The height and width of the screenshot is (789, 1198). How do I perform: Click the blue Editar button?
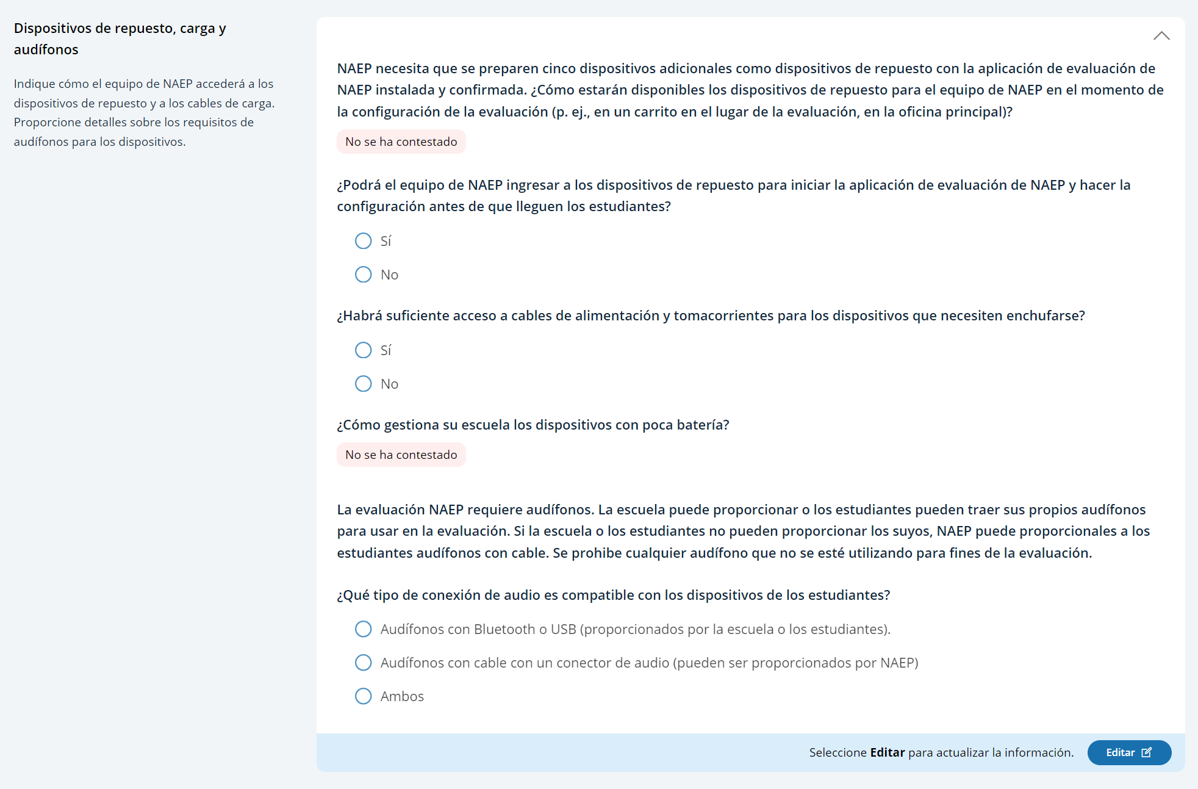click(1128, 752)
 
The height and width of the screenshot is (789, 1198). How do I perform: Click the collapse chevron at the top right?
click(1161, 36)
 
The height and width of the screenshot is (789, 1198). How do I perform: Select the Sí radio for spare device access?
click(364, 241)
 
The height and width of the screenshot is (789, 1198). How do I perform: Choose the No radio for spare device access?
click(364, 275)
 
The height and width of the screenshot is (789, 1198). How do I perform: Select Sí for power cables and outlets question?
click(364, 350)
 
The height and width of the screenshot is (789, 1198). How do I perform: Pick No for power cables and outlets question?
click(364, 384)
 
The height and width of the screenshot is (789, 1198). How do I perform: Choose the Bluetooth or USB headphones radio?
click(364, 629)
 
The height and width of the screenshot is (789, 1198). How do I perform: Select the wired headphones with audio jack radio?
click(364, 663)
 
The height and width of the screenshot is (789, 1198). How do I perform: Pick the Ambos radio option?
click(364, 696)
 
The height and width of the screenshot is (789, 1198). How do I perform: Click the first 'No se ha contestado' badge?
click(401, 142)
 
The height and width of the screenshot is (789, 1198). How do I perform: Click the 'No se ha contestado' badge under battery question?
click(401, 455)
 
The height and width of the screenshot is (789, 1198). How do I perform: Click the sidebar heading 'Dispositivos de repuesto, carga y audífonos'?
click(120, 38)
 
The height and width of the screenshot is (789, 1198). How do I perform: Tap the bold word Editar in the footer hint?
click(887, 752)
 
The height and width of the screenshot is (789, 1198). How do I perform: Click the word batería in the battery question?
click(702, 425)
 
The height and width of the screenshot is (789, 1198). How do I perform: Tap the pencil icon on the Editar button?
click(1147, 752)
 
